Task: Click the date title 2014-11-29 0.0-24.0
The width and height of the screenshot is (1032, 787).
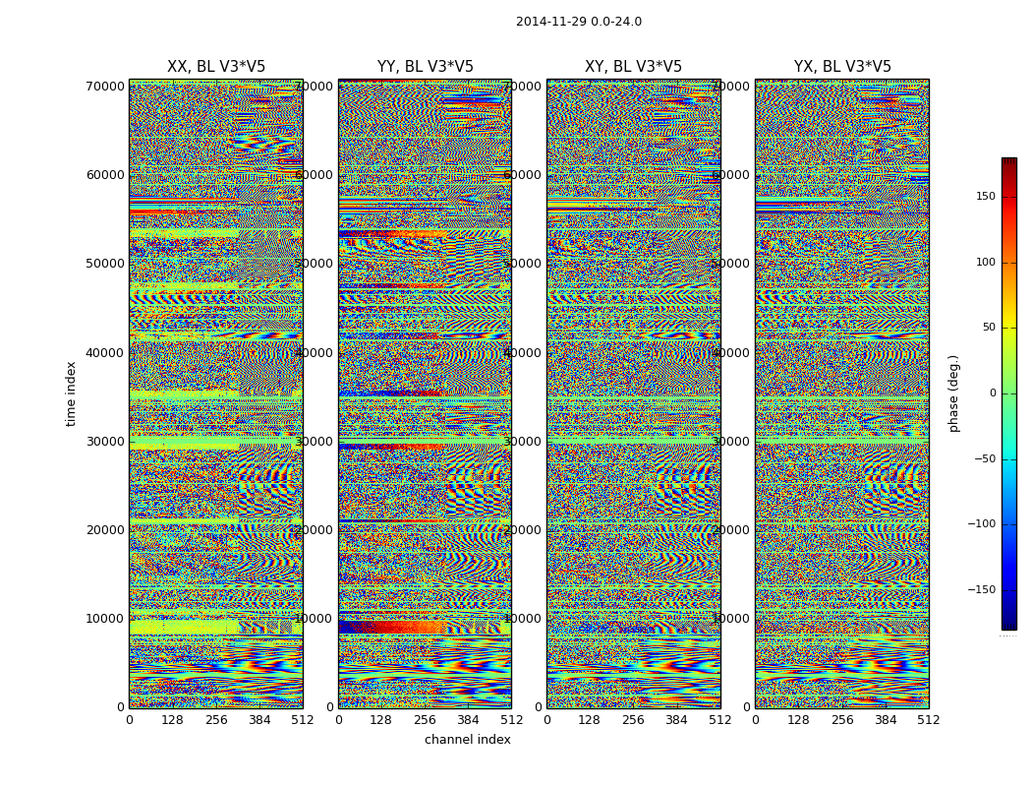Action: pyautogui.click(x=578, y=22)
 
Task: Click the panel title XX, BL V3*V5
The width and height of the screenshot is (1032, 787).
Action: pyautogui.click(x=216, y=67)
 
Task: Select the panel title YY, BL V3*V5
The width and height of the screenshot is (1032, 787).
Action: pyautogui.click(x=425, y=67)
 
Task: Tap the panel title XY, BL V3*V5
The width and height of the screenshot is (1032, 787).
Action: pyautogui.click(x=633, y=67)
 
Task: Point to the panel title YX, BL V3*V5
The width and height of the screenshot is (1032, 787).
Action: pyautogui.click(x=842, y=67)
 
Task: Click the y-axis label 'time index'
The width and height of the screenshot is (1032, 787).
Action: pyautogui.click(x=71, y=393)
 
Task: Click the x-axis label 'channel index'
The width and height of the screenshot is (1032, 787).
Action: pyautogui.click(x=468, y=740)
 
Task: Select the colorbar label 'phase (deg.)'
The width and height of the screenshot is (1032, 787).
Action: pyautogui.click(x=953, y=393)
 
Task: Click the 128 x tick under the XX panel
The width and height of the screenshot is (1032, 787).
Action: pyautogui.click(x=172, y=720)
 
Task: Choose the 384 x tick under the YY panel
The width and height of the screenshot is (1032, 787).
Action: pyautogui.click(x=468, y=720)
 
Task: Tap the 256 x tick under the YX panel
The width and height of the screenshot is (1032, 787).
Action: pyautogui.click(x=842, y=720)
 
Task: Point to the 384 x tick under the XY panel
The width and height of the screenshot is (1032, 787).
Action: pyautogui.click(x=676, y=720)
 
